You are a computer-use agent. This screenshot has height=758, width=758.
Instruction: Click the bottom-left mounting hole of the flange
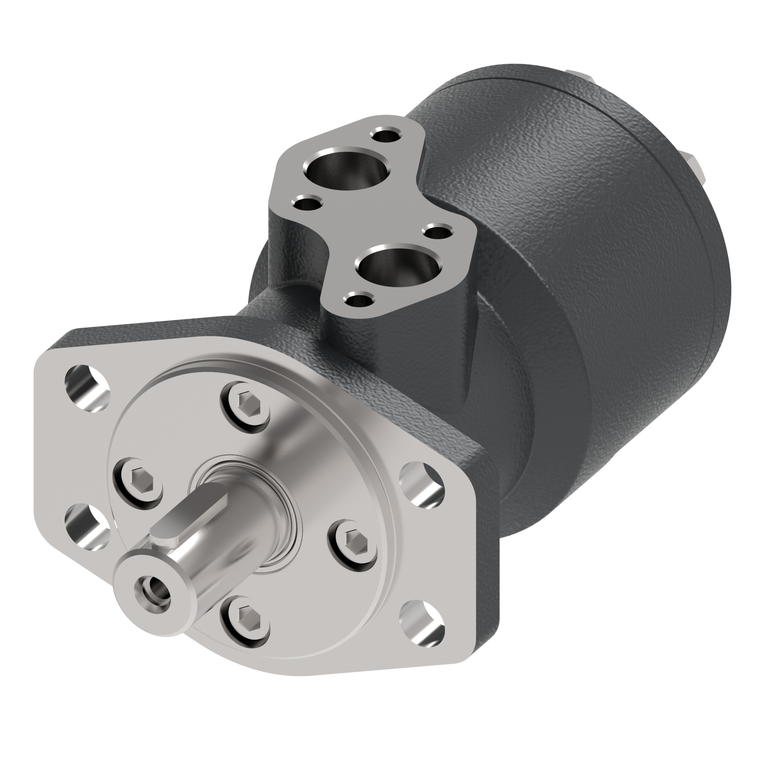[87, 526]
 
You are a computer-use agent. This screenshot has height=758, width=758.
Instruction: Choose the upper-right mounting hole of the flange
[422, 482]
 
